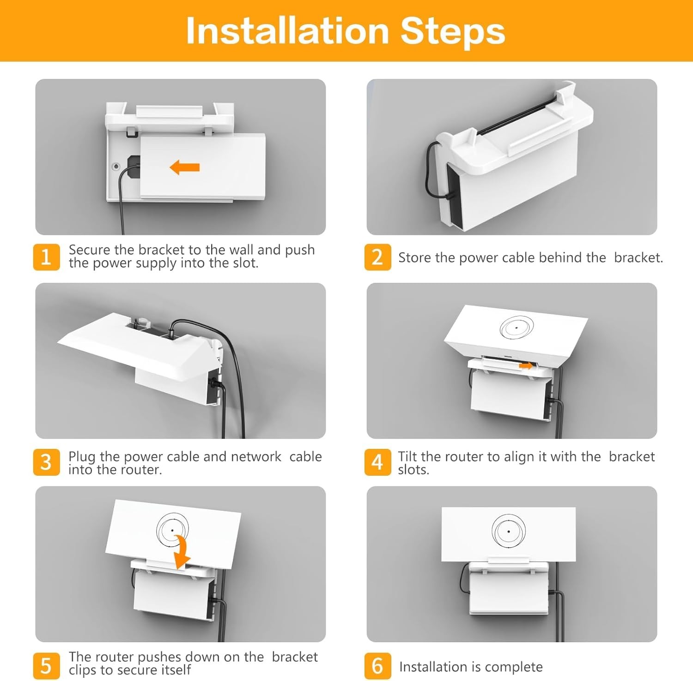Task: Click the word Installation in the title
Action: click(287, 31)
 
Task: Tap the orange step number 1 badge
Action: click(46, 257)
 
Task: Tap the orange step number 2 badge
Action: click(377, 257)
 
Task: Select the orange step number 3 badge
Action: click(46, 462)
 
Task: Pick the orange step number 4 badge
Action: click(377, 462)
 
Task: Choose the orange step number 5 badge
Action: click(46, 666)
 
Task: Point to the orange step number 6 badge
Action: click(377, 666)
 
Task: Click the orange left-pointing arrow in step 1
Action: click(184, 167)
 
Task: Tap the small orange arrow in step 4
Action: click(526, 365)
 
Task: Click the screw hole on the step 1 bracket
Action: click(116, 167)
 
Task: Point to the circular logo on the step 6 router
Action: click(508, 531)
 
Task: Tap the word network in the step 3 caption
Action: click(256, 456)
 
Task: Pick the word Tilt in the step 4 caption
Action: click(407, 456)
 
